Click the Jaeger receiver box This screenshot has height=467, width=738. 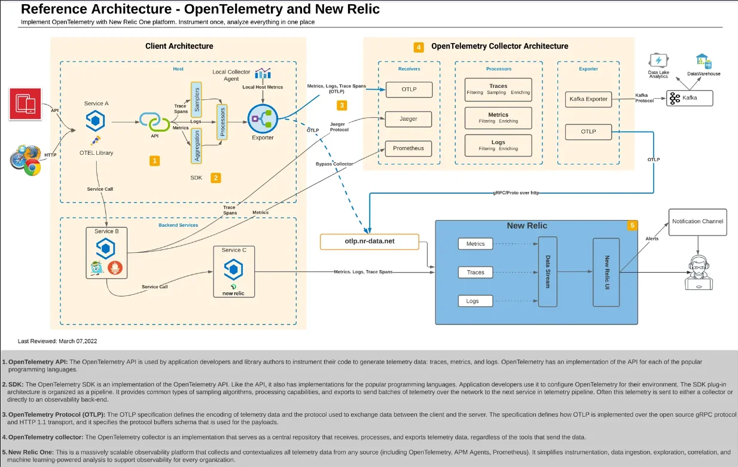[x=409, y=119]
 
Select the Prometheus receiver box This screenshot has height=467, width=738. [x=409, y=148]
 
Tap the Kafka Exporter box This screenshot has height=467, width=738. [x=588, y=99]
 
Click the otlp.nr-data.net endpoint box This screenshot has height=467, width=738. [x=369, y=242]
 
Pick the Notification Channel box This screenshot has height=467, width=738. [x=697, y=221]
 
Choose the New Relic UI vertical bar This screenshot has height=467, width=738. [x=606, y=273]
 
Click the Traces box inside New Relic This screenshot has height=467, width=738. [x=475, y=273]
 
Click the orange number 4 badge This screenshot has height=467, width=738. [x=419, y=47]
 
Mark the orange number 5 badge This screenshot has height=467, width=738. [x=632, y=225]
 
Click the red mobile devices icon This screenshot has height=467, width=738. [x=25, y=104]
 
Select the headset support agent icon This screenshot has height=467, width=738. [x=697, y=272]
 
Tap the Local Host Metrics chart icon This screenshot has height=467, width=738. [x=263, y=74]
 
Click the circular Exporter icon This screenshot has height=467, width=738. [x=263, y=119]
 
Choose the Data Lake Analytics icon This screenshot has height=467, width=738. [x=658, y=61]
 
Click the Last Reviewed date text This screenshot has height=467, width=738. [x=57, y=341]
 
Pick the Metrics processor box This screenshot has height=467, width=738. [x=498, y=117]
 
